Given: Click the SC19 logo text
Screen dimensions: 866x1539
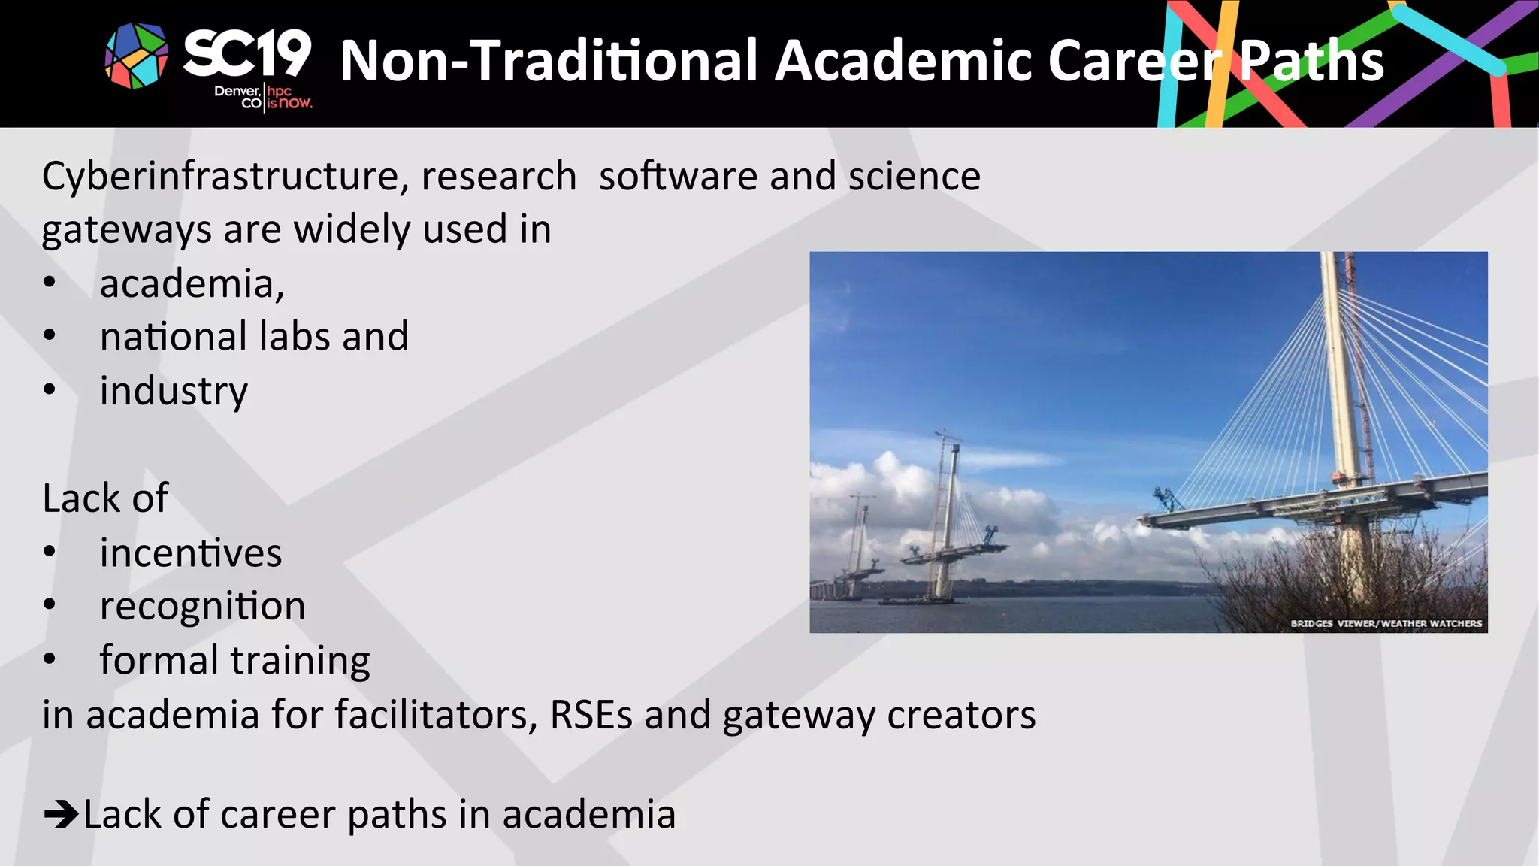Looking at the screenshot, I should pos(246,54).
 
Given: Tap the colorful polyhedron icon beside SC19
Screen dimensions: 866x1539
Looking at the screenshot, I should pos(137,56).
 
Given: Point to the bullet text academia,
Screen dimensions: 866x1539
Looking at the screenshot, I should pos(192,284).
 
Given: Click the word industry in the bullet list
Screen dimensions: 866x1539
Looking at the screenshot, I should pos(174,392).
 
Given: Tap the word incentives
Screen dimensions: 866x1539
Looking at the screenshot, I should pos(191,553).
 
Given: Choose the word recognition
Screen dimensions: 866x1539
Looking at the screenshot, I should pos(202,607).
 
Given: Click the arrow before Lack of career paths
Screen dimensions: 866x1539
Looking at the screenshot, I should pos(62,814).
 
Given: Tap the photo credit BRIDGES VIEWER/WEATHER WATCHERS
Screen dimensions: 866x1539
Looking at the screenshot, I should pos(1386,623).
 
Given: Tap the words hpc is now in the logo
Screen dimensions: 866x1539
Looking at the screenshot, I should pos(289,98).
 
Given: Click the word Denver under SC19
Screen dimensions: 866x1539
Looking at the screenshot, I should pos(237,91).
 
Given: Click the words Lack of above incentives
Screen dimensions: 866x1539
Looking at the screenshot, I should pos(105,498).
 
